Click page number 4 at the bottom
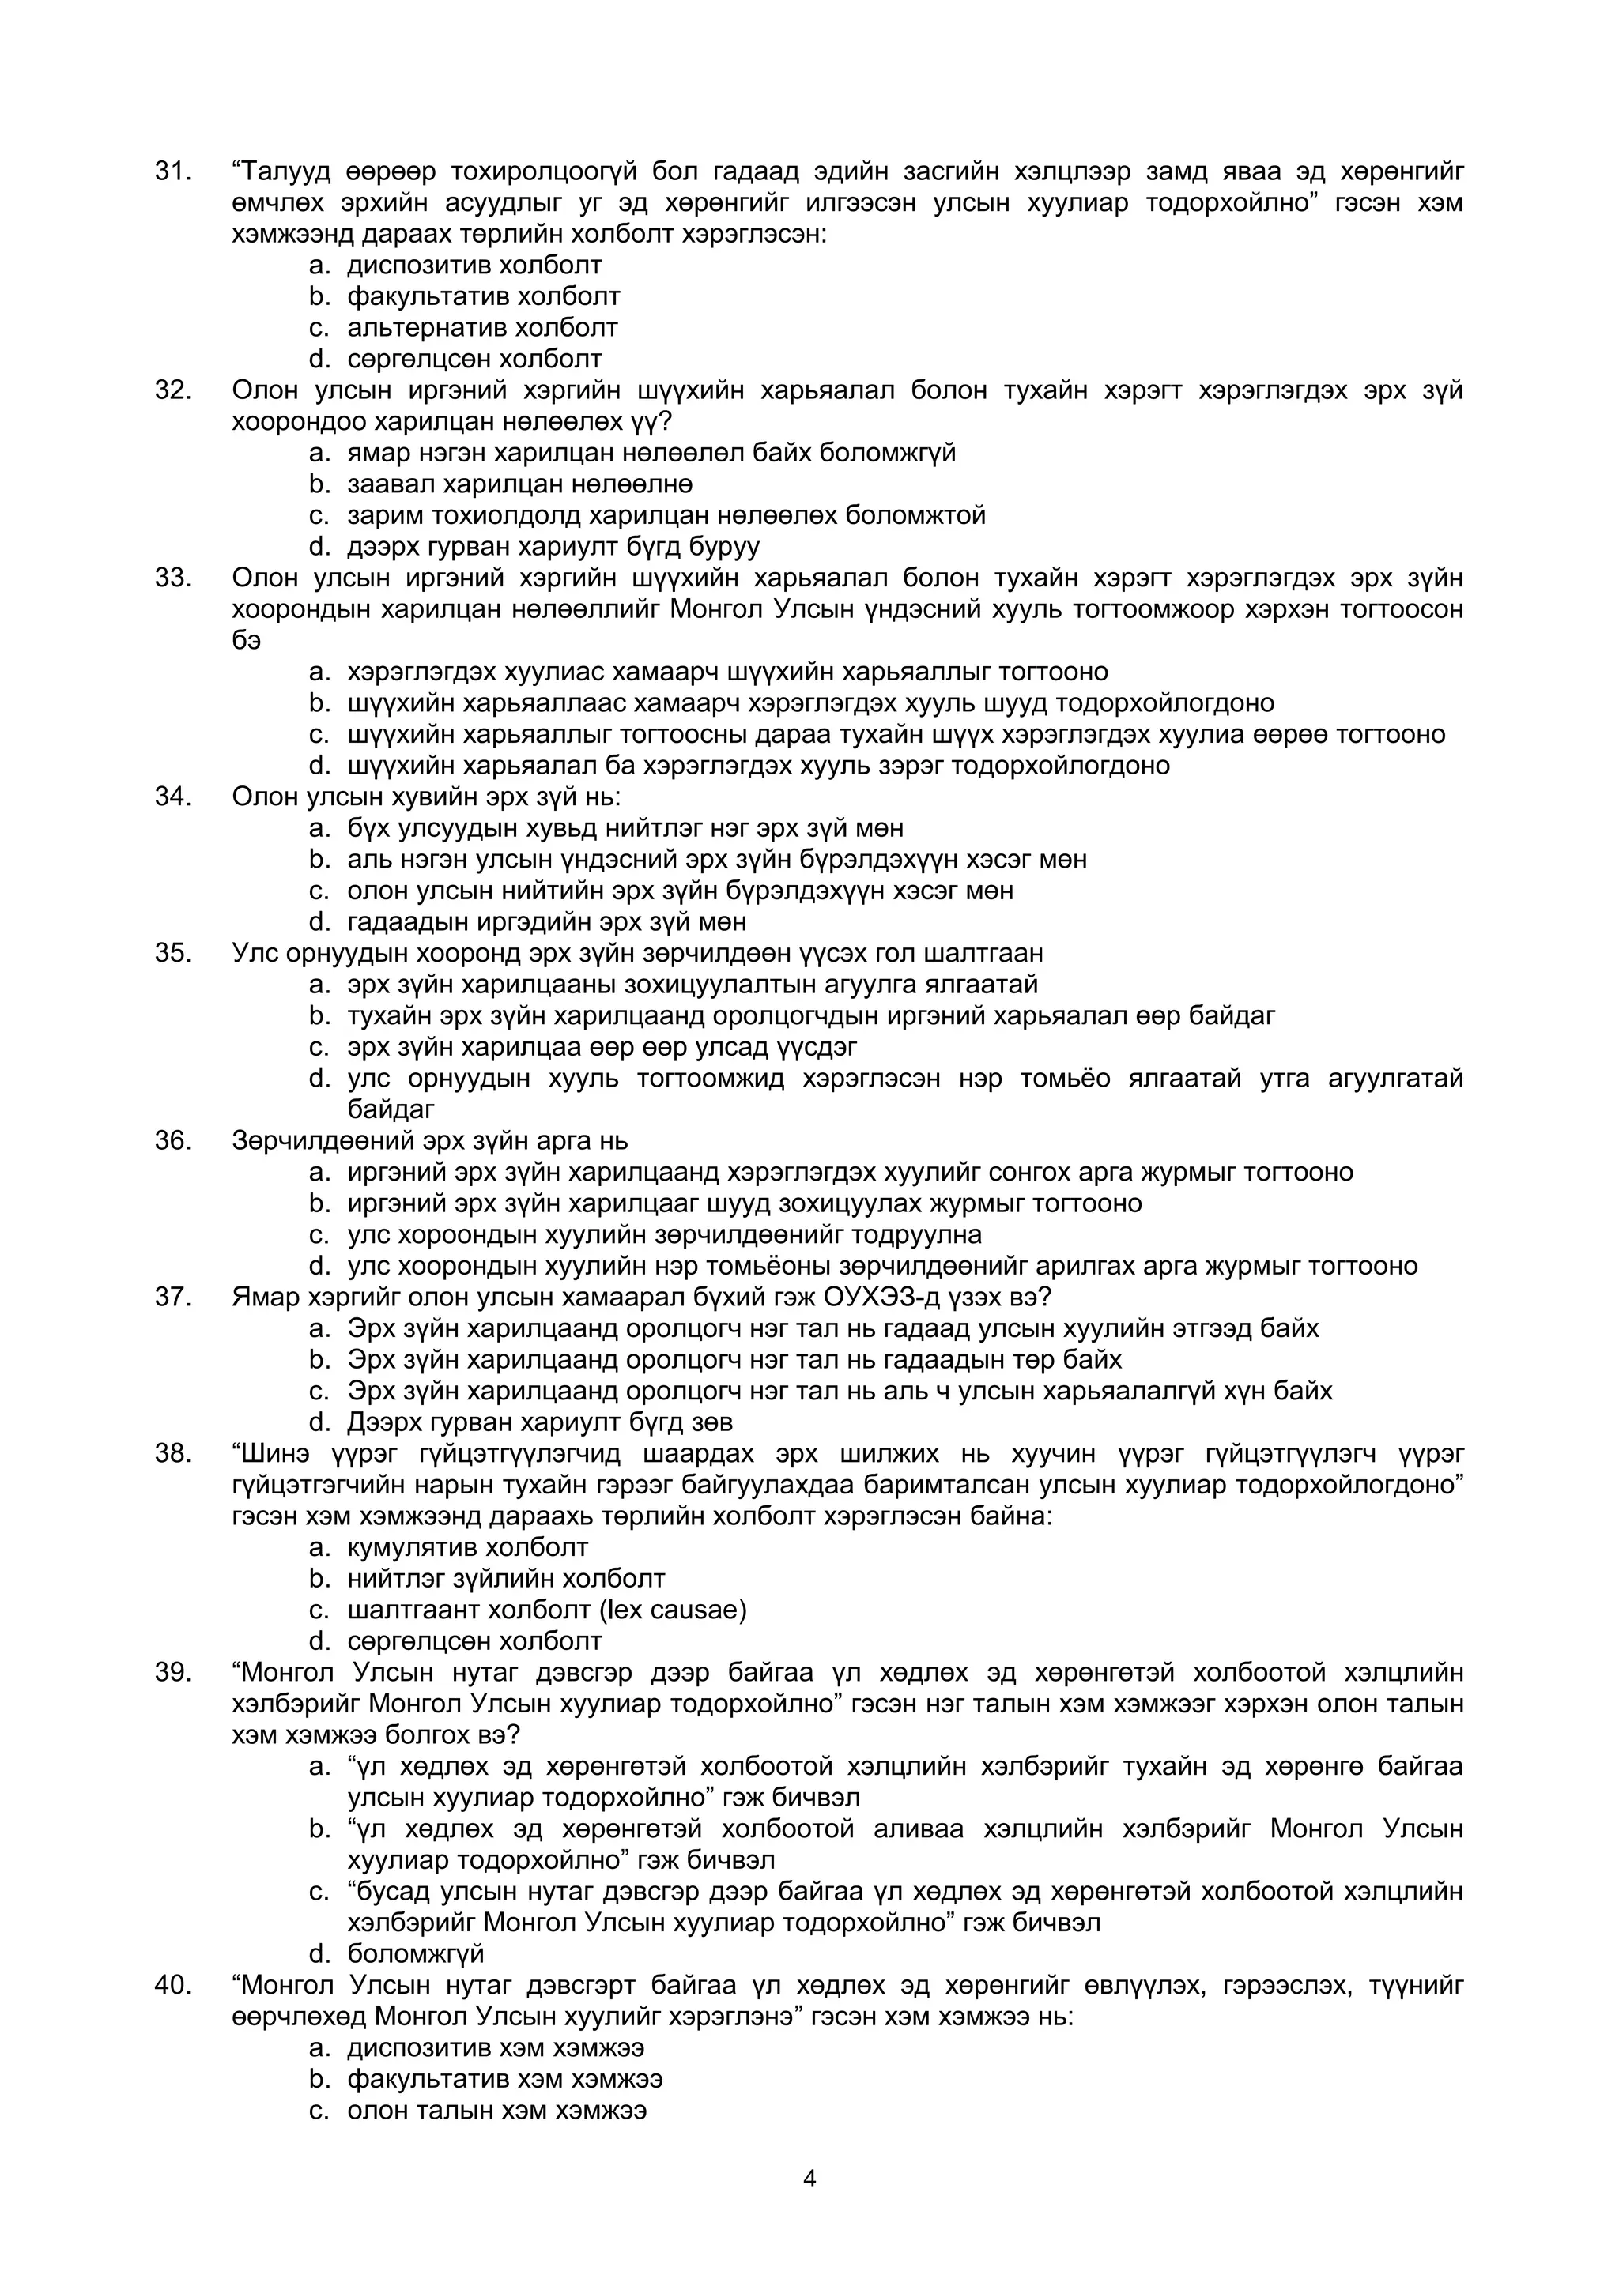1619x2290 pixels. pyautogui.click(x=809, y=2179)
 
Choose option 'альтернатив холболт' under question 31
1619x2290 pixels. pyautogui.click(x=481, y=327)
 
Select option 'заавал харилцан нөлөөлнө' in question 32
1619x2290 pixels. pyautogui.click(x=519, y=484)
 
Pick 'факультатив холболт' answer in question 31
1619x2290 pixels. pyautogui.click(x=483, y=296)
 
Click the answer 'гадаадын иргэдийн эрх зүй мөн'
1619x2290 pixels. pyautogui.click(x=546, y=921)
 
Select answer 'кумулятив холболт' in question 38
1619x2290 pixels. pyautogui.click(x=467, y=1547)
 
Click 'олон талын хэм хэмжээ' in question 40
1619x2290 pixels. pyautogui.click(x=496, y=2110)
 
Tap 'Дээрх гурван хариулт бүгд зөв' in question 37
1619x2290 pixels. pyautogui.click(x=540, y=1422)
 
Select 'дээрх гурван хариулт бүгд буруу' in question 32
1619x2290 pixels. pyautogui.click(x=553, y=547)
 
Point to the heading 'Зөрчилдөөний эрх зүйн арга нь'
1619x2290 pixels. pyautogui.click(x=429, y=1140)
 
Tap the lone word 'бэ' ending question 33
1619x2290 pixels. pyautogui.click(x=247, y=640)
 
